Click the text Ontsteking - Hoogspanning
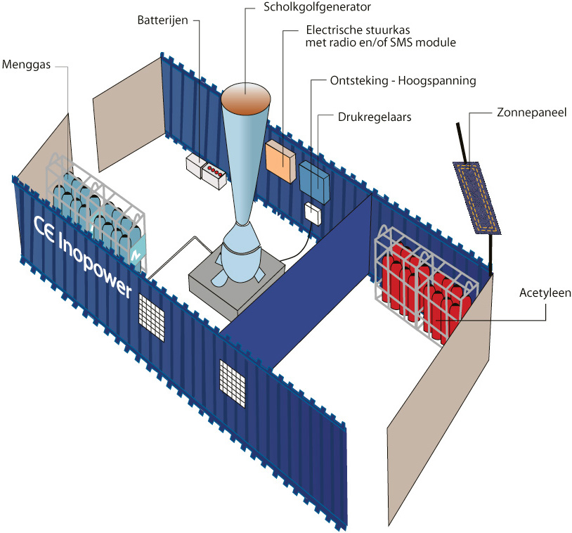coord(403,81)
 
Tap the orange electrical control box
coord(279,161)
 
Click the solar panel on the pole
coord(476,198)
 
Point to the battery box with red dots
coord(214,174)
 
